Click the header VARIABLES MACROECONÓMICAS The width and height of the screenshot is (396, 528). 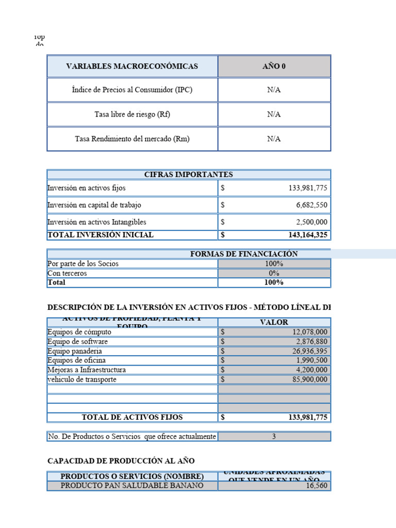tap(132, 67)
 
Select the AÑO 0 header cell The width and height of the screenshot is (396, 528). tap(274, 67)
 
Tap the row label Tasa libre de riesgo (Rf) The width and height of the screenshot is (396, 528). tap(132, 114)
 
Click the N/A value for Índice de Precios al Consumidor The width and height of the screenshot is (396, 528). tap(274, 90)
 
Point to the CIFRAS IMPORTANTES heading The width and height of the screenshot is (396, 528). tap(189, 175)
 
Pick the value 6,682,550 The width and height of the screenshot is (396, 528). tap(311, 205)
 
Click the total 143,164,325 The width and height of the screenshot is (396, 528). tap(308, 235)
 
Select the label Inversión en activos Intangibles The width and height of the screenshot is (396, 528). tap(97, 222)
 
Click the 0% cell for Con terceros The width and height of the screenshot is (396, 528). tap(274, 273)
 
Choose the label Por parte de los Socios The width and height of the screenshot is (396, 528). tap(83, 264)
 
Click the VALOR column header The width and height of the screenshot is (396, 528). tap(274, 322)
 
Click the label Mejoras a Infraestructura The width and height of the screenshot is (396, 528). tap(87, 370)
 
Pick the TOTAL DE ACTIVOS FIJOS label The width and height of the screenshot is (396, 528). tap(132, 417)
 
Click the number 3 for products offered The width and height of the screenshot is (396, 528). tap(274, 437)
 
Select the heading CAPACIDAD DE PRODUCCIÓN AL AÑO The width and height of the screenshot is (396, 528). tap(121, 460)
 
